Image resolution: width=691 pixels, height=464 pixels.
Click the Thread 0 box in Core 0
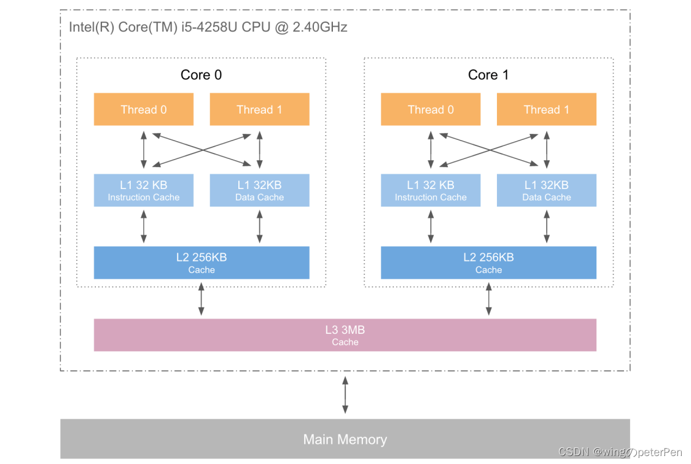pyautogui.click(x=143, y=109)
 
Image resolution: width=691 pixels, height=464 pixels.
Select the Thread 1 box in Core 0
pyautogui.click(x=259, y=109)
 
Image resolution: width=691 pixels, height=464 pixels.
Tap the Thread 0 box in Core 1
pyautogui.click(x=431, y=109)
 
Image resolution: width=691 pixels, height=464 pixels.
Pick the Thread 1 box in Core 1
pyautogui.click(x=546, y=109)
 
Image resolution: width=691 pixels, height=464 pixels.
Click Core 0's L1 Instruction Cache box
pyautogui.click(x=143, y=190)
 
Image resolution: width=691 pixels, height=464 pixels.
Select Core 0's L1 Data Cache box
pyautogui.click(x=259, y=190)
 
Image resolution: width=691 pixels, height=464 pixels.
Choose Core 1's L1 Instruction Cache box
pyautogui.click(x=431, y=190)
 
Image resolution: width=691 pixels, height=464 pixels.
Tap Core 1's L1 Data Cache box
pyautogui.click(x=546, y=190)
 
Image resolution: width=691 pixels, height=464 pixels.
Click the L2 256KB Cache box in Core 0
pyautogui.click(x=201, y=263)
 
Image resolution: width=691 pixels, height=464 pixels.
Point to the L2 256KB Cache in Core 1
pyautogui.click(x=488, y=263)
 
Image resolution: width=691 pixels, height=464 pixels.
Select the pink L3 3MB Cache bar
pyautogui.click(x=345, y=335)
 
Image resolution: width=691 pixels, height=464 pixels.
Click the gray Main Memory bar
pyautogui.click(x=345, y=439)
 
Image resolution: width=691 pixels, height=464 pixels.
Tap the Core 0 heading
pyautogui.click(x=201, y=75)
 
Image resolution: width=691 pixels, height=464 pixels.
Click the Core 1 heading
pyautogui.click(x=488, y=75)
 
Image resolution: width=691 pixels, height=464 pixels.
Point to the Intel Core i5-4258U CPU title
pyautogui.click(x=208, y=27)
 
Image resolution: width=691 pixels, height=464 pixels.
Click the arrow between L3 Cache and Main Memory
pyautogui.click(x=345, y=395)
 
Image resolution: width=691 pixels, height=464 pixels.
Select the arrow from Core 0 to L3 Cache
pyautogui.click(x=201, y=301)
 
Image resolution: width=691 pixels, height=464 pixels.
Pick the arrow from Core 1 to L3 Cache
pyautogui.click(x=488, y=301)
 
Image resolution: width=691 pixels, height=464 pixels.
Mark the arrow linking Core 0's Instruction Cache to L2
pyautogui.click(x=144, y=226)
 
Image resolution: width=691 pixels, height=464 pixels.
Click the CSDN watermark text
pyautogui.click(x=620, y=452)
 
